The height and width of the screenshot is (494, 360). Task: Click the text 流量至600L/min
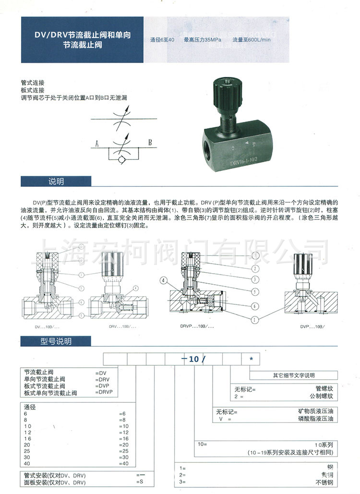[252, 40]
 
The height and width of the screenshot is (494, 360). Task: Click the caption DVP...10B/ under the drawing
[312, 326]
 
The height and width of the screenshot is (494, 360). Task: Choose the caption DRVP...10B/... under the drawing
[196, 326]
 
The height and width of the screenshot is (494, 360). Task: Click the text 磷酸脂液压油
[315, 419]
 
